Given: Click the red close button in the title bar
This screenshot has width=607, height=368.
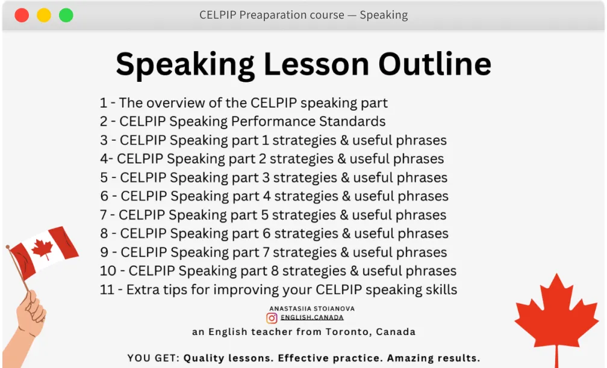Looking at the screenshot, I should pyautogui.click(x=22, y=16).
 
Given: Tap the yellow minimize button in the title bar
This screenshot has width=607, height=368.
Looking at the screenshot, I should pyautogui.click(x=44, y=16).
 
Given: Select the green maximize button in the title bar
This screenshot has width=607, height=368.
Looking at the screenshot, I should pyautogui.click(x=66, y=16).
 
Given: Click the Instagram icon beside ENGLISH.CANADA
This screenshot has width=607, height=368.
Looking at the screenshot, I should pyautogui.click(x=272, y=317).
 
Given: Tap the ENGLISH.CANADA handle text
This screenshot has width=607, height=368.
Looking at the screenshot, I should pyautogui.click(x=312, y=317).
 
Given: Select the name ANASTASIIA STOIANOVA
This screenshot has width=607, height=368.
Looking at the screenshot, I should pyautogui.click(x=311, y=308).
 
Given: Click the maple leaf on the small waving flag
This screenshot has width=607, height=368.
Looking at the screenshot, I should pyautogui.click(x=42, y=247).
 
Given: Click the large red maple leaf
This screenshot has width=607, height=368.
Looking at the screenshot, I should pyautogui.click(x=556, y=316).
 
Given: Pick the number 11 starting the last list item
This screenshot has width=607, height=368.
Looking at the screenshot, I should pyautogui.click(x=107, y=289).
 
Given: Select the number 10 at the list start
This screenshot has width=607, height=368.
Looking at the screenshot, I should pyautogui.click(x=108, y=271).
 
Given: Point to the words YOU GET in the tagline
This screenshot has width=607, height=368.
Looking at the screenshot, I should pyautogui.click(x=153, y=358).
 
